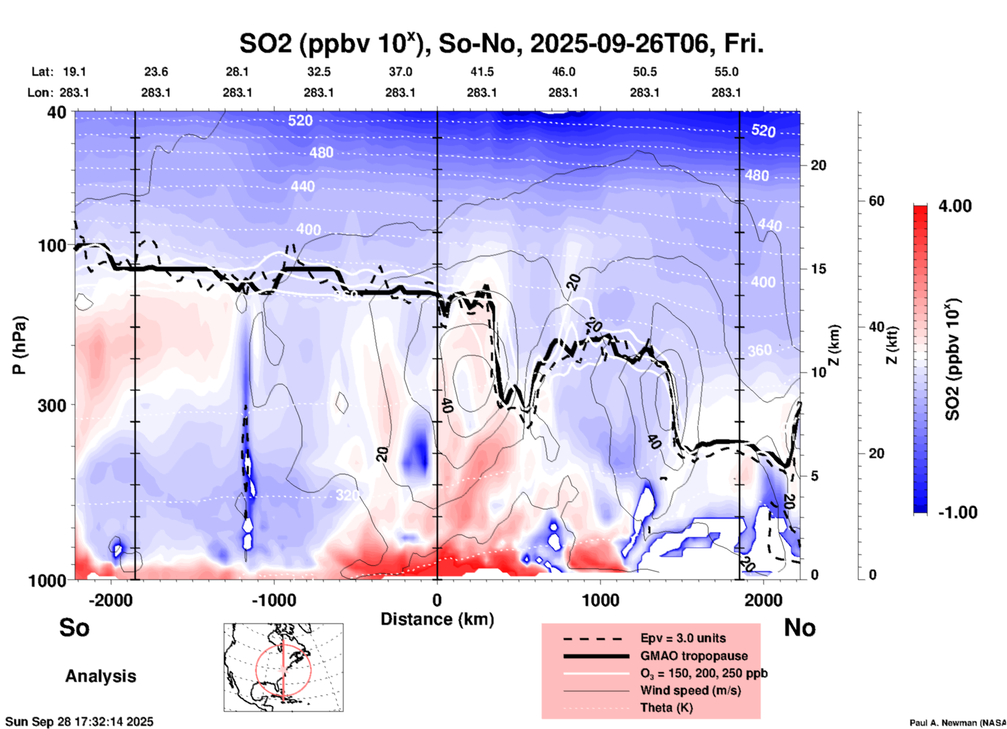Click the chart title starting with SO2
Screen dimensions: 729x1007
tap(501, 44)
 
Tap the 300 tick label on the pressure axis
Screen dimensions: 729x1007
tap(52, 405)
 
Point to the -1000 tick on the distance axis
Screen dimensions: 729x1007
tap(274, 600)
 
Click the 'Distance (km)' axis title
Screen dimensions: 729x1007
tap(437, 619)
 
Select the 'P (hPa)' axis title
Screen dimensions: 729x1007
tap(19, 345)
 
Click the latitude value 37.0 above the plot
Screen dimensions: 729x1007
tap(400, 72)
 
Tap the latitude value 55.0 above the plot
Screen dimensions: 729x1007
tap(726, 72)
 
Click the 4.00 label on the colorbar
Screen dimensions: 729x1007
tap(955, 206)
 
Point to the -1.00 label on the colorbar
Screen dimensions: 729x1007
tap(957, 512)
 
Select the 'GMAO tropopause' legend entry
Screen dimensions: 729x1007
tap(694, 656)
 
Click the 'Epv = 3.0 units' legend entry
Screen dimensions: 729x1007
tap(683, 638)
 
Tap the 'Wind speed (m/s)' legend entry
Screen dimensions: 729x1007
tap(690, 690)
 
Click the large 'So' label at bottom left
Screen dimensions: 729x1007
tap(74, 627)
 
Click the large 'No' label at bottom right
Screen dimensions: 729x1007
tap(799, 627)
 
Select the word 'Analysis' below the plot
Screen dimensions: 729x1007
tap(100, 676)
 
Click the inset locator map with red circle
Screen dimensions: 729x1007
tap(283, 667)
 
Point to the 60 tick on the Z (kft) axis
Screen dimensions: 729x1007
tap(876, 201)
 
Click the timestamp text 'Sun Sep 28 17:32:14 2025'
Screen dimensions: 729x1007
tap(79, 722)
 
